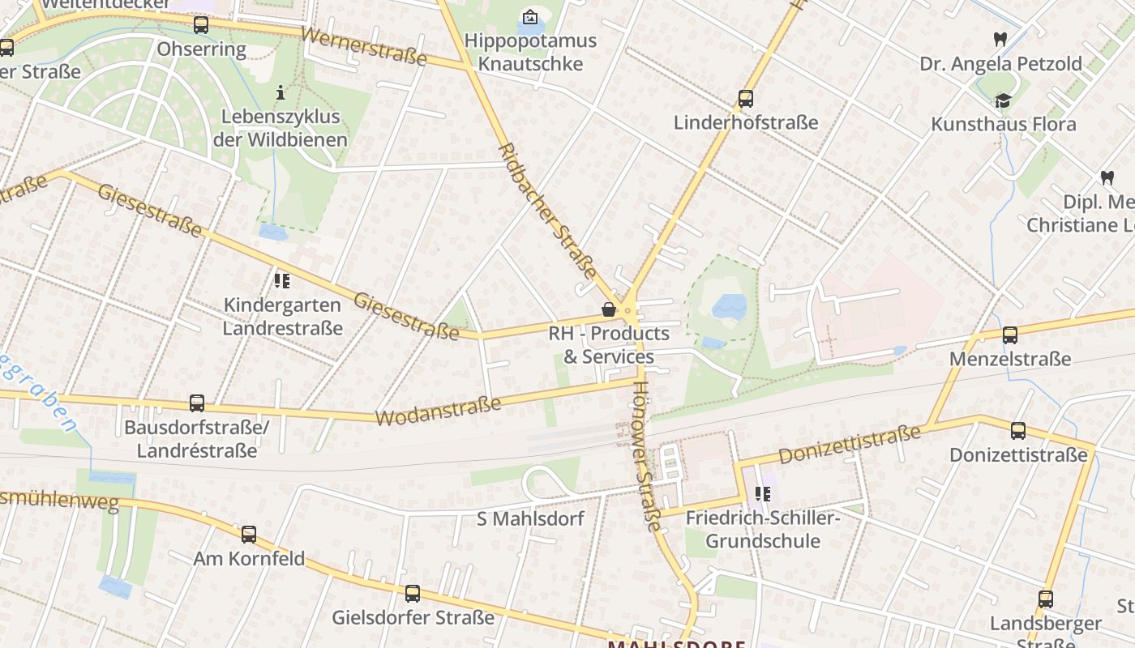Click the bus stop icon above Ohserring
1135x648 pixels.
(x=201, y=25)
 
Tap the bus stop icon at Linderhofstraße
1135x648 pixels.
(x=746, y=99)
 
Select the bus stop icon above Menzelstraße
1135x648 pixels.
(x=1010, y=335)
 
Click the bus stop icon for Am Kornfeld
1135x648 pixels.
(x=249, y=535)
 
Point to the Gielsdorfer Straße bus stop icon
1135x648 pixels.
(x=413, y=594)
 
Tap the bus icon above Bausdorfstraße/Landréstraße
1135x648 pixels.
(x=197, y=403)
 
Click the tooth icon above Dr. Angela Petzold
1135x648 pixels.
(x=1000, y=39)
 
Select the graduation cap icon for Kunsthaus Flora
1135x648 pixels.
(x=1004, y=100)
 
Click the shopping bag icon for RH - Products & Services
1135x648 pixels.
(x=609, y=309)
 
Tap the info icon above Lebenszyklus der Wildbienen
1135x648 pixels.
(x=281, y=92)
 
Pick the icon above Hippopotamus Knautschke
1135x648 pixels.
(x=530, y=16)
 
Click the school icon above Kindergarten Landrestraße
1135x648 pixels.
(x=282, y=281)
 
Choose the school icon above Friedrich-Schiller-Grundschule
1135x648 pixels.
(x=763, y=493)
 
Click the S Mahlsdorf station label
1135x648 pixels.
(x=530, y=518)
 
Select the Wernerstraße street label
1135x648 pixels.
(x=363, y=46)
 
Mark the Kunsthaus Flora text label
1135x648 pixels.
(x=1004, y=124)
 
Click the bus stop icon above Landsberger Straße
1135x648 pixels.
(x=1046, y=599)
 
